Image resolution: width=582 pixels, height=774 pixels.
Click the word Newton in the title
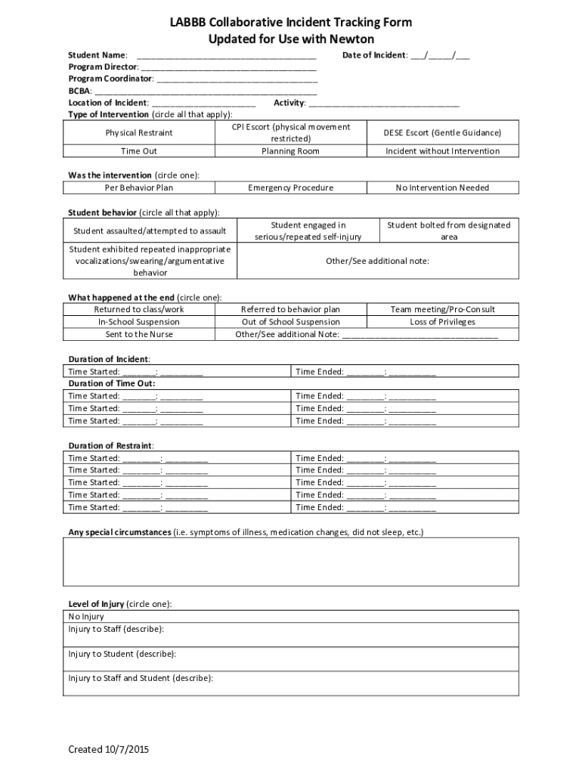click(353, 39)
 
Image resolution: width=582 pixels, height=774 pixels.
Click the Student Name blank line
click(226, 55)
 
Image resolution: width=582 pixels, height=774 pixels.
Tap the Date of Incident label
click(375, 55)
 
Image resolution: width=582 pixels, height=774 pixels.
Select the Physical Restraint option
click(139, 133)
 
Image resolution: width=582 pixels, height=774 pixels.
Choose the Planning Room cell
click(290, 151)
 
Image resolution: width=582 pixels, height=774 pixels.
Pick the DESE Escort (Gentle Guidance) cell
click(442, 133)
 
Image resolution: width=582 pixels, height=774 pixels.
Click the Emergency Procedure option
click(290, 187)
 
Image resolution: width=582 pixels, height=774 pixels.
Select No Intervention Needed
click(442, 187)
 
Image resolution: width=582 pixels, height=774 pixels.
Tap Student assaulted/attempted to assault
click(150, 231)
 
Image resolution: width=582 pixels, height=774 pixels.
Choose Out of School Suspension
click(290, 322)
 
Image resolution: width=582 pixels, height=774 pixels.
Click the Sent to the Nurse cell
click(139, 334)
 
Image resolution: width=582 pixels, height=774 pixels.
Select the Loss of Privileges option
click(442, 322)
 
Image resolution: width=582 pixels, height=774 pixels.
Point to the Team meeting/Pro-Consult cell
click(442, 309)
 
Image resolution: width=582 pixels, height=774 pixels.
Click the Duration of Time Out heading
click(112, 383)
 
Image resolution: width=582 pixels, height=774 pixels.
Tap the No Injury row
click(86, 617)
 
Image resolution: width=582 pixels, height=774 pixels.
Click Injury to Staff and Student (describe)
click(141, 678)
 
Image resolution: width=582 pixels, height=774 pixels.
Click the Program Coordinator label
click(110, 79)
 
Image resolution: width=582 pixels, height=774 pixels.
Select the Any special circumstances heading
click(119, 532)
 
